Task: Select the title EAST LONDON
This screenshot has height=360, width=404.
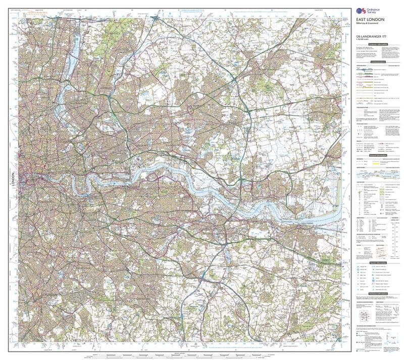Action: click(x=370, y=20)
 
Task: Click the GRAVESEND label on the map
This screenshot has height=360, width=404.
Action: click(x=307, y=223)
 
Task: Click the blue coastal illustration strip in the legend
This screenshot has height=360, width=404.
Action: click(x=376, y=173)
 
